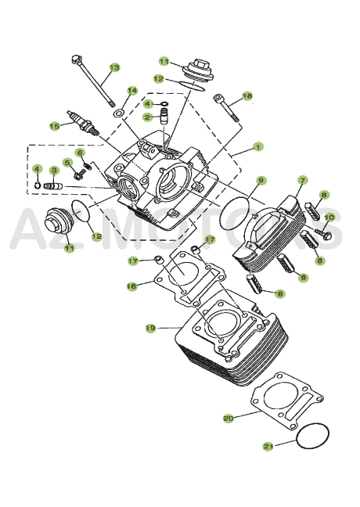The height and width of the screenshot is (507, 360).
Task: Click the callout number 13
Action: pos(114,68)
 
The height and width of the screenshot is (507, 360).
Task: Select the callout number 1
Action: pos(257,146)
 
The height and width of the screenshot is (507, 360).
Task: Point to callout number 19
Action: pos(150,327)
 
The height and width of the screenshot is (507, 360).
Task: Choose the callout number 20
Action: pos(228,418)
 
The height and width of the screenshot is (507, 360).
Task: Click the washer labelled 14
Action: pos(119,113)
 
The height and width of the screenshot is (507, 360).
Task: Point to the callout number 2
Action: pos(146,117)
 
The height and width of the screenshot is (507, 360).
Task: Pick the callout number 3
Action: pos(54,170)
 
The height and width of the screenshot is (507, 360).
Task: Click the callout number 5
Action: pos(67,163)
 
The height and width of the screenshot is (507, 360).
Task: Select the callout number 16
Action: pos(132,286)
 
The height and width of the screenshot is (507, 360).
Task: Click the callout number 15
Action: pos(54,125)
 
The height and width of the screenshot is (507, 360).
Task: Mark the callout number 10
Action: pos(329,217)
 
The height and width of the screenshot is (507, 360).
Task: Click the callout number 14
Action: pos(132,91)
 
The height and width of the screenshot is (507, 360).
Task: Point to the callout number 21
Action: pos(268,446)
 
